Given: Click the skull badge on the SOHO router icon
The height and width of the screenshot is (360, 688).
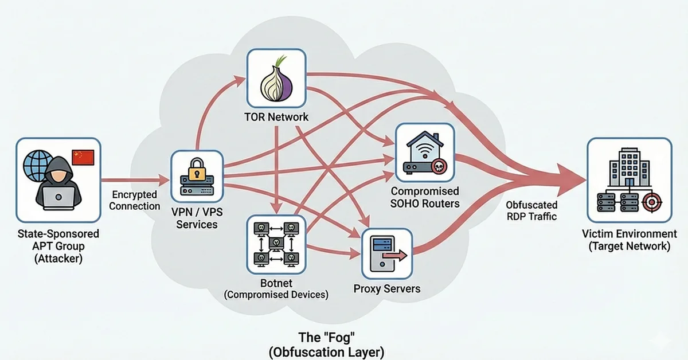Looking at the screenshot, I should pos(439,167).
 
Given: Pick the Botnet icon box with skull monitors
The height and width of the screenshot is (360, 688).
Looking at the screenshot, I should pos(276,244).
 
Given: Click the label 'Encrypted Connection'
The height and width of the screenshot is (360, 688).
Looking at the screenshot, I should pos(135,201).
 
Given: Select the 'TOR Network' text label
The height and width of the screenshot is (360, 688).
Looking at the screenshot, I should pos(276,118).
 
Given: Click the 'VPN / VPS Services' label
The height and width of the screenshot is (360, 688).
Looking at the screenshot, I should pos(197,218).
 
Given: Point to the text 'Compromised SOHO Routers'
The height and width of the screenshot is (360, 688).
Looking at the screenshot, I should pos(425,197).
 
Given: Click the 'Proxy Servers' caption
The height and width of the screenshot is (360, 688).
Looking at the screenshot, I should pos(387,288).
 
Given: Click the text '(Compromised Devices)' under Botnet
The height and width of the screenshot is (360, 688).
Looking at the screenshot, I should pos(276,295).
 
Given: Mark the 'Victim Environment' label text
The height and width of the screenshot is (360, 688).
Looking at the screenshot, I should pos(629,234).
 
